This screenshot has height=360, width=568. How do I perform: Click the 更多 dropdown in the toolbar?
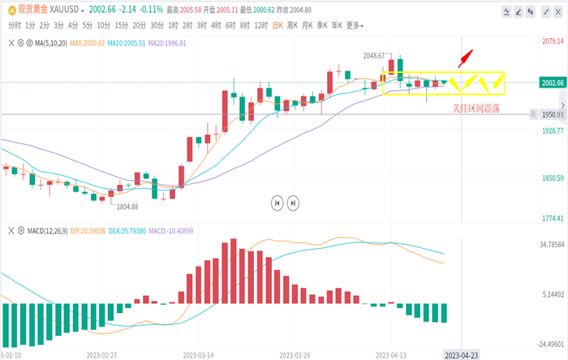355,25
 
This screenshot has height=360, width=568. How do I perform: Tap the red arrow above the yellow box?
465,58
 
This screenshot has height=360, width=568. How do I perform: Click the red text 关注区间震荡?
475,107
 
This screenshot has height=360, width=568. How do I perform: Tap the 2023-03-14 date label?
199,354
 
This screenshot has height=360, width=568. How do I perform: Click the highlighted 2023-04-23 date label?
462,354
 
